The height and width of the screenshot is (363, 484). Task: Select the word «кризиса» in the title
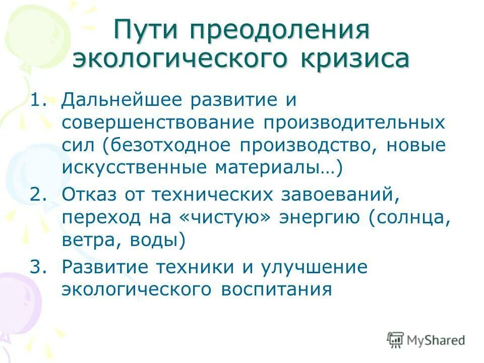click(356, 59)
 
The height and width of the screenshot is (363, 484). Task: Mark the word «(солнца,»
click(408, 218)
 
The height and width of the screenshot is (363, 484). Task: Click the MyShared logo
click(426, 340)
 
